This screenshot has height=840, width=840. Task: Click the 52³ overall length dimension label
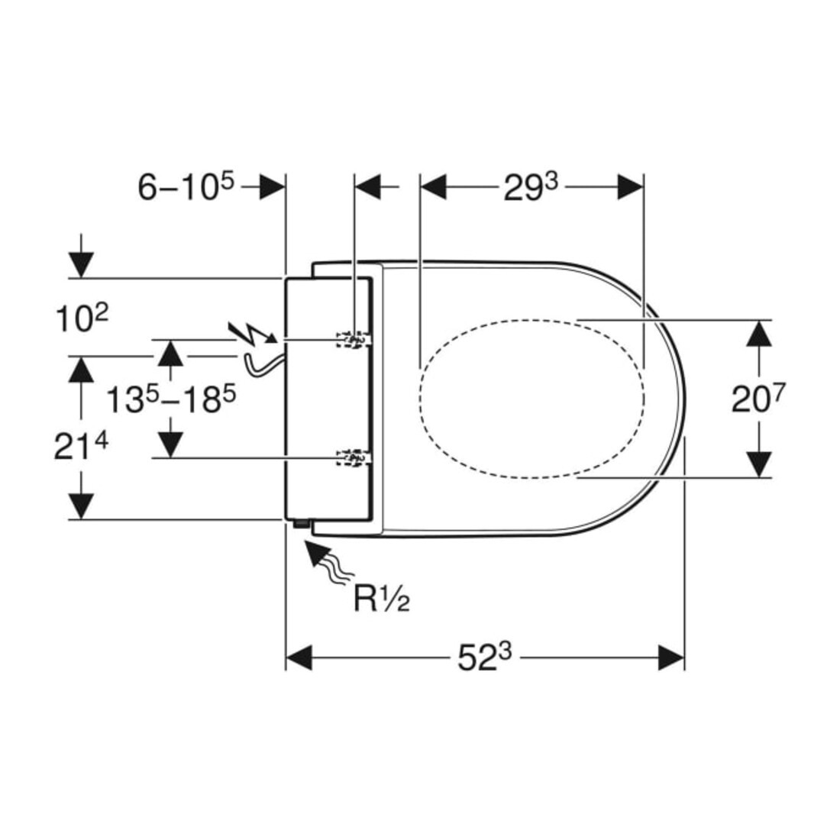484,657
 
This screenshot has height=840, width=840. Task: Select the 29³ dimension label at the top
531,187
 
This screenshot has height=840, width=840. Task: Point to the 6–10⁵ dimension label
186,187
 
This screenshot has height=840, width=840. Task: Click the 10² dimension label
82,318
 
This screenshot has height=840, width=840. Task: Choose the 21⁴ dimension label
81,447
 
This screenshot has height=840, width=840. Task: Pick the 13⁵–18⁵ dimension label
171,399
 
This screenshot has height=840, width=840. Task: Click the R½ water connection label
381,599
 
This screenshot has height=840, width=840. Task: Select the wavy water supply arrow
328,562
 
